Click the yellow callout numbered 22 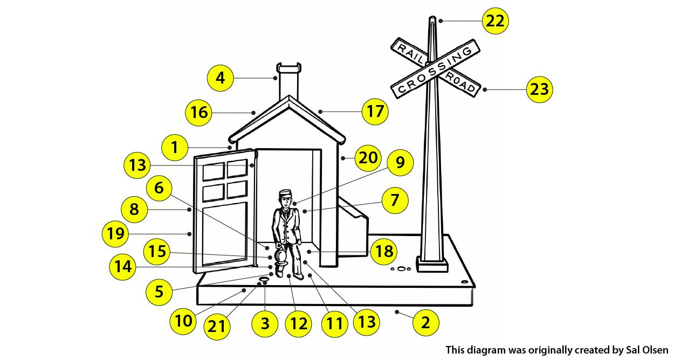496,21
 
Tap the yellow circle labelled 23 540,89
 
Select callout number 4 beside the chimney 220,78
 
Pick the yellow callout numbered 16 198,113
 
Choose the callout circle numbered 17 375,111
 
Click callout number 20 368,158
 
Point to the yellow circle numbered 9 400,163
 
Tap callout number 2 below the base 426,323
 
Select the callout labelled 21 217,327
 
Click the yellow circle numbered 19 115,234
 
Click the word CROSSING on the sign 435,70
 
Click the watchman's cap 285,193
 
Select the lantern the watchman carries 281,259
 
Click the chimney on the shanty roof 289,81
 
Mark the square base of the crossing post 432,265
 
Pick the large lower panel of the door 225,234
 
